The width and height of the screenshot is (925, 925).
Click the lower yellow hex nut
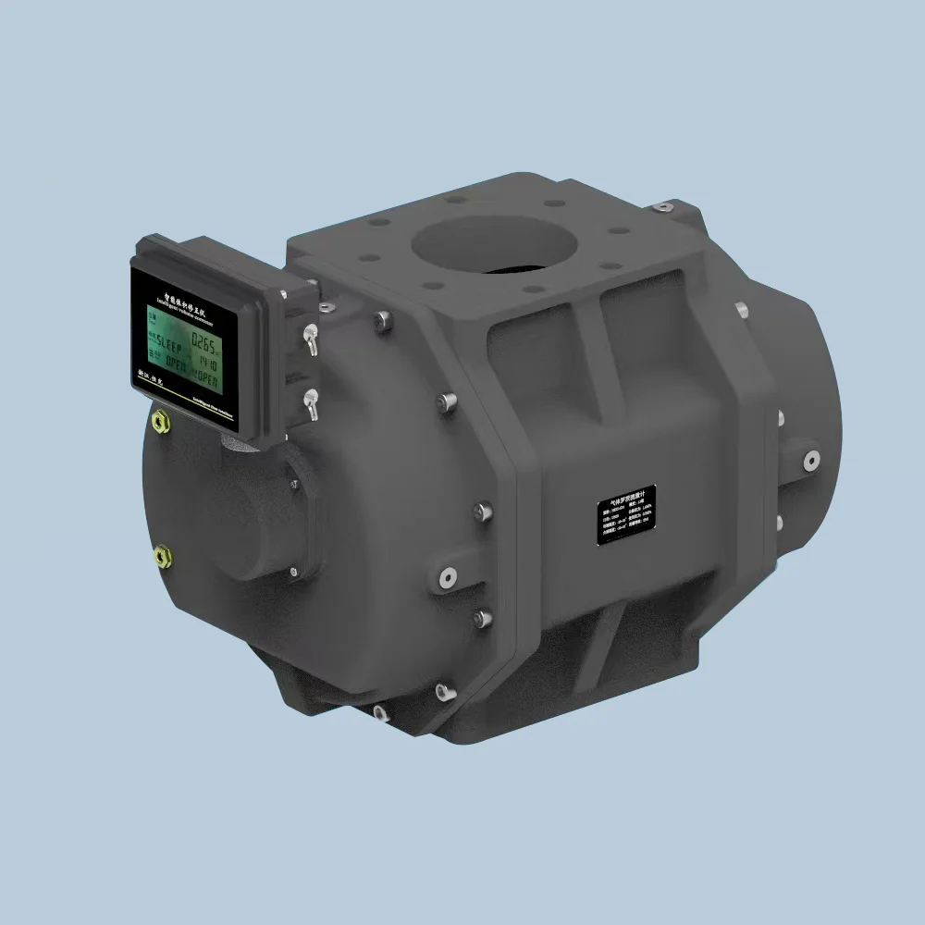163,555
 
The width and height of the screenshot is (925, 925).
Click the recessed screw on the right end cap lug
811,458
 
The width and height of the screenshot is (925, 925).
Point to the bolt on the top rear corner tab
662,206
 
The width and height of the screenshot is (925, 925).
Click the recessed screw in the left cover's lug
447,578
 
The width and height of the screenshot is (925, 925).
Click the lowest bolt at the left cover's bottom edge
379,712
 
